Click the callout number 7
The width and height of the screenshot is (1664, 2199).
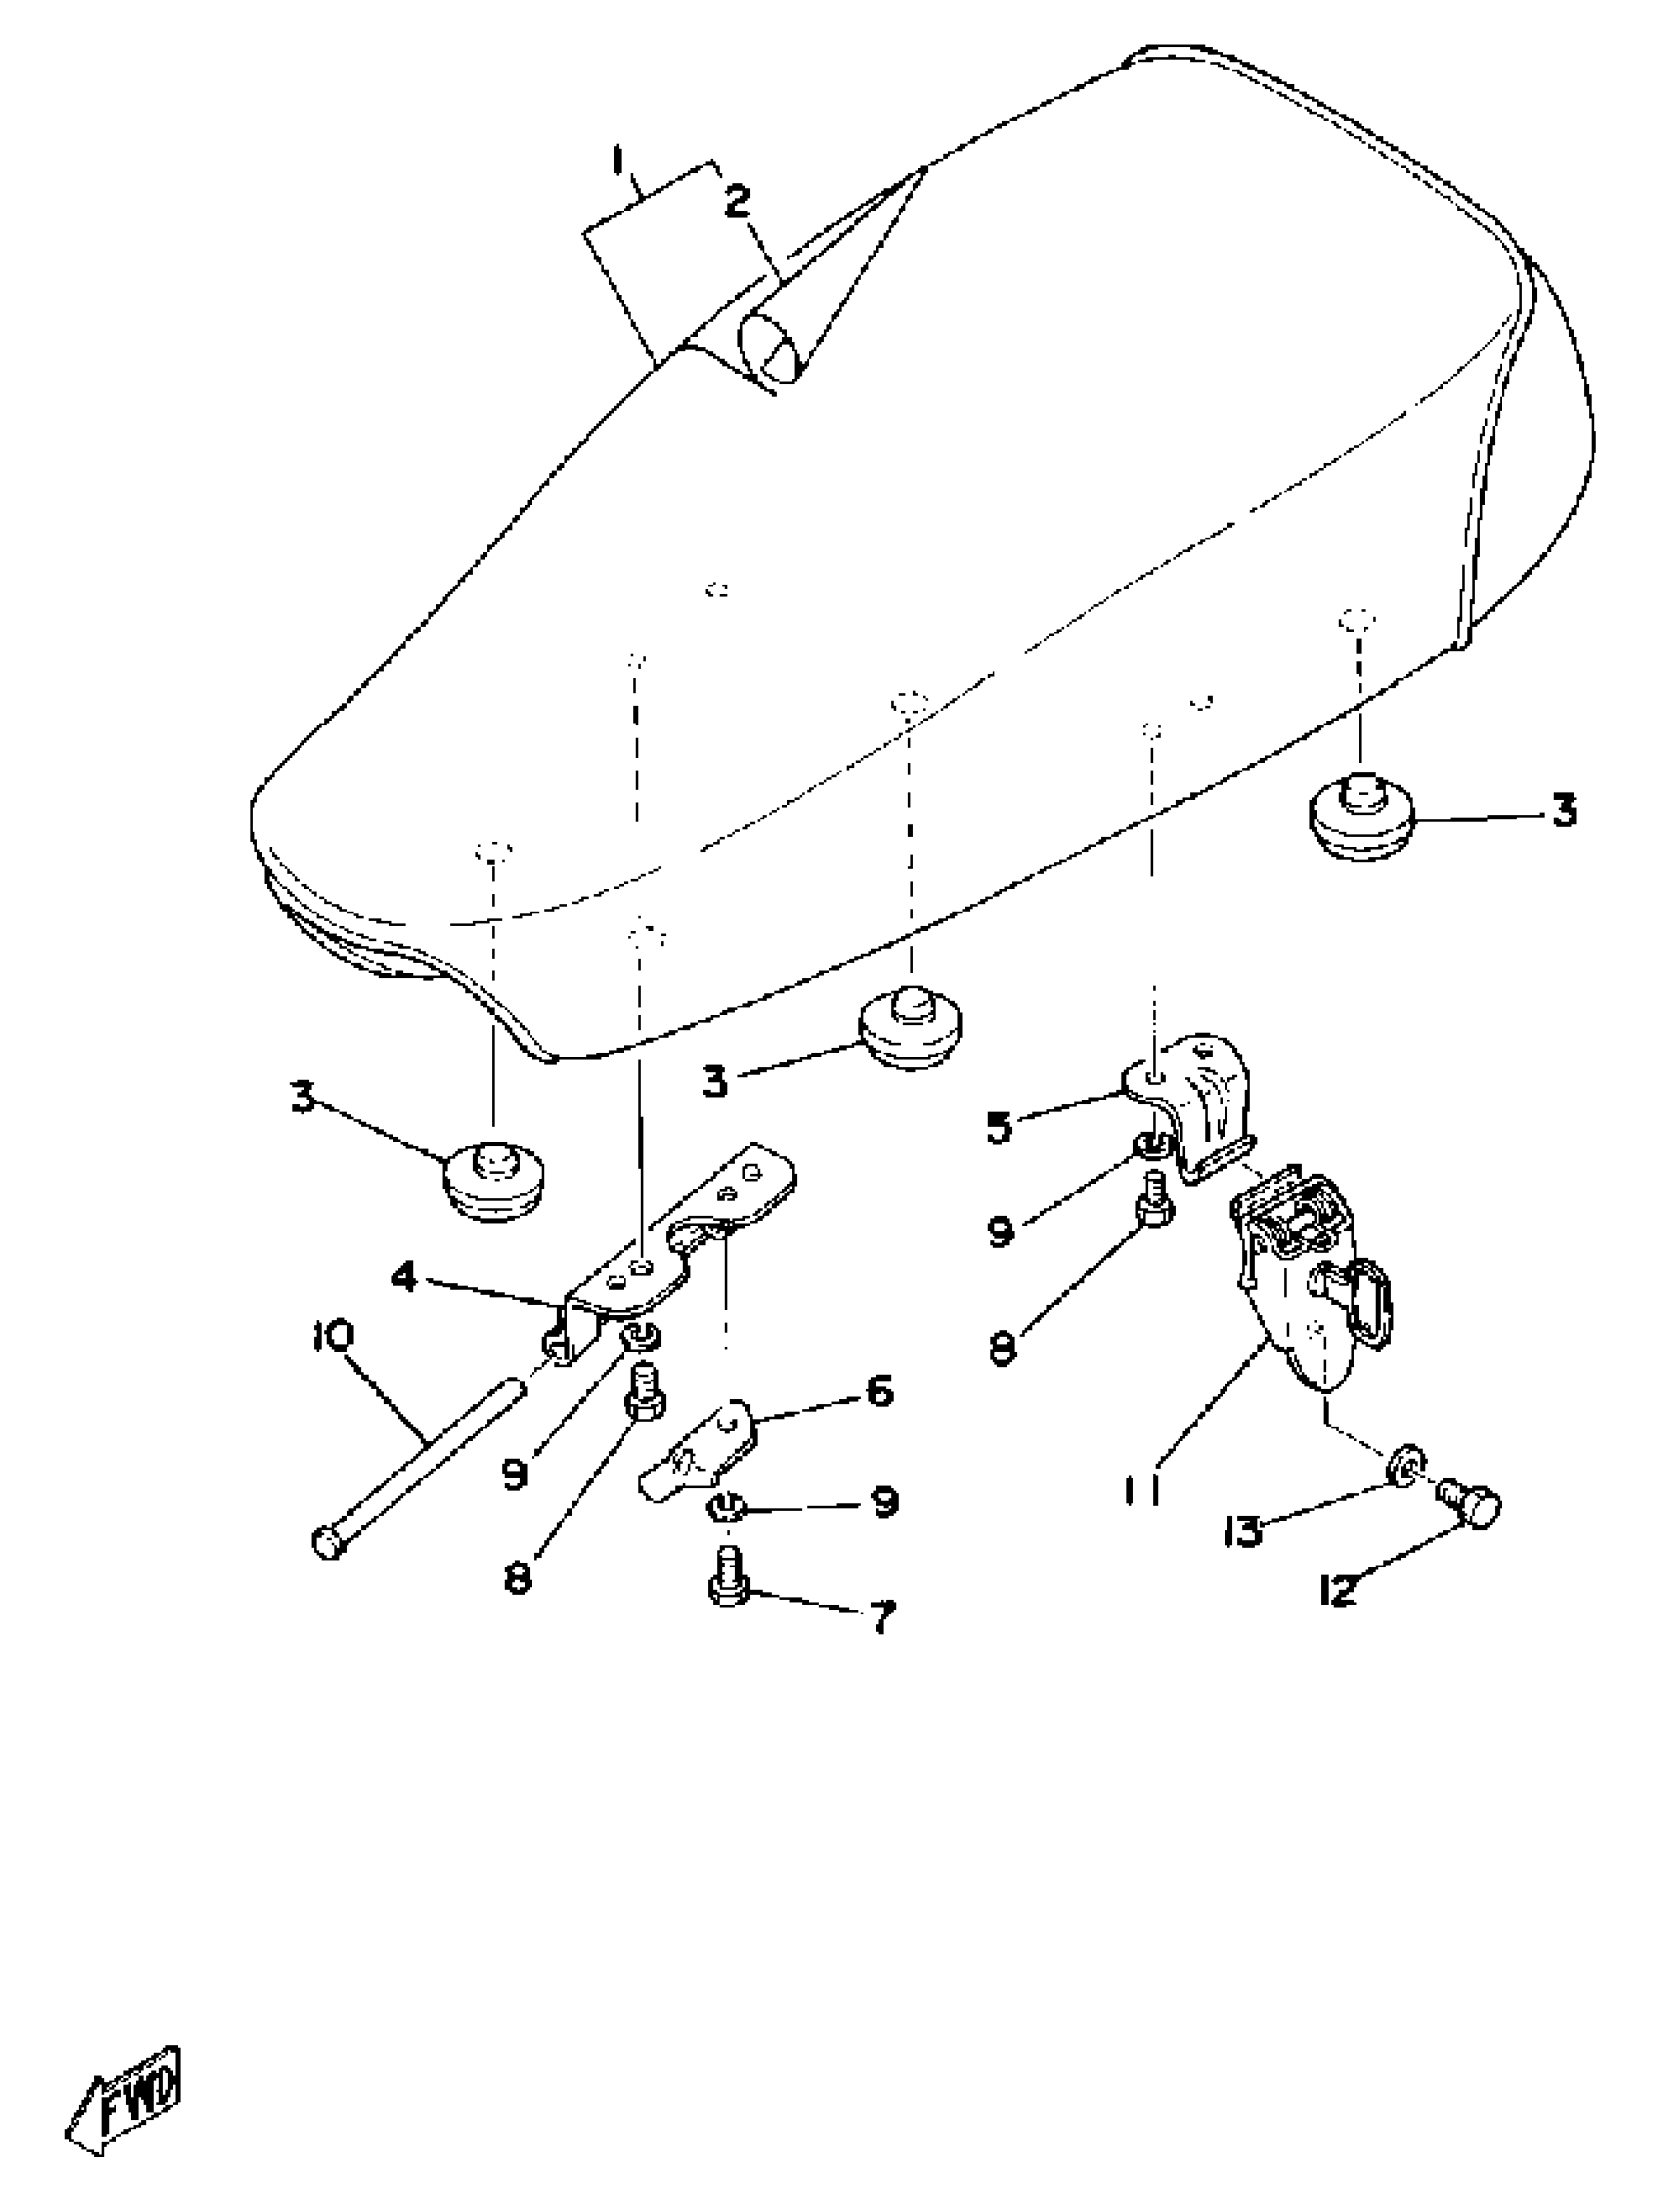pyautogui.click(x=882, y=1616)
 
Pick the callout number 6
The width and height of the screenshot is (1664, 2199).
pyautogui.click(x=880, y=1391)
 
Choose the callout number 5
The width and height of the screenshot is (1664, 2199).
pyautogui.click(x=998, y=1127)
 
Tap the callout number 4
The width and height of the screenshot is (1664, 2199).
pyautogui.click(x=402, y=1277)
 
